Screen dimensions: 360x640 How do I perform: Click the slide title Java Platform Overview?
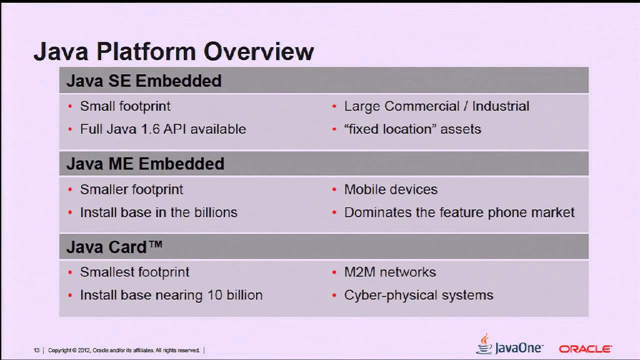173,51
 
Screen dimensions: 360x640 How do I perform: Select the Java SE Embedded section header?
143,80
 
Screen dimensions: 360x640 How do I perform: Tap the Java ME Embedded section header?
145,163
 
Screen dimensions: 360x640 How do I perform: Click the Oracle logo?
585,348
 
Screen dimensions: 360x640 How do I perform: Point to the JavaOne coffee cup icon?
484,344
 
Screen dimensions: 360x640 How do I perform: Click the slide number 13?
36,350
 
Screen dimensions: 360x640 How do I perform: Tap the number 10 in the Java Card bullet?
214,295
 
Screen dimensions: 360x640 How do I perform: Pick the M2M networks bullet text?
390,272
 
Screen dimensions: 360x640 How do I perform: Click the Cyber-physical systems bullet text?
418,295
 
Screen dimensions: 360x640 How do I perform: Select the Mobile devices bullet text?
390,189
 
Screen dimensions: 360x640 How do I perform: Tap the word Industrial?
500,106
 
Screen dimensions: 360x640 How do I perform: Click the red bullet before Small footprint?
70,106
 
